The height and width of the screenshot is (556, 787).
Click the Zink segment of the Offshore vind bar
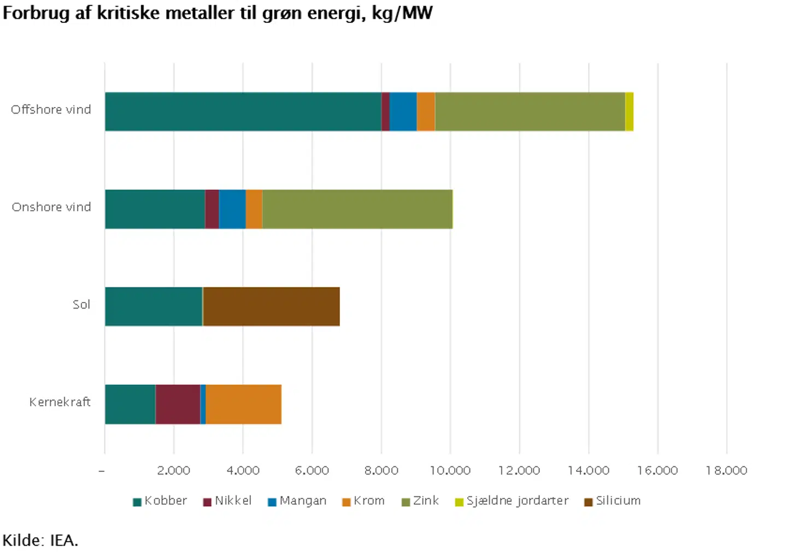(x=530, y=111)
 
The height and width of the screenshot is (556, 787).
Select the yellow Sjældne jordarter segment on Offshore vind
(x=629, y=111)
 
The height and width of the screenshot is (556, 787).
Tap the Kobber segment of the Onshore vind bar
(x=155, y=209)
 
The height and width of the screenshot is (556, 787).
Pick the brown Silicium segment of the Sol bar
(x=271, y=306)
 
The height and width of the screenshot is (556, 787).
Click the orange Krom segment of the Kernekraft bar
(x=243, y=404)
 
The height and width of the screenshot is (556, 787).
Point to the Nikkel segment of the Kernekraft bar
(x=178, y=404)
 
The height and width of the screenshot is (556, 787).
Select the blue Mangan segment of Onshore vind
(x=232, y=209)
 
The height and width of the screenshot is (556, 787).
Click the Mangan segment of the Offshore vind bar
(x=403, y=111)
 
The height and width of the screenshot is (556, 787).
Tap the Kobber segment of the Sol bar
(x=154, y=306)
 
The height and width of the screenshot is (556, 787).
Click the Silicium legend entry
(x=612, y=501)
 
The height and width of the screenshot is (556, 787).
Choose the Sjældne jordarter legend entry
(x=512, y=501)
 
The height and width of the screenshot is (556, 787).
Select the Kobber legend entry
(x=160, y=501)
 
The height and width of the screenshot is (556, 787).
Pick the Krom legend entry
(x=363, y=501)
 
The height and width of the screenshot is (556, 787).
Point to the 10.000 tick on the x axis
(x=450, y=471)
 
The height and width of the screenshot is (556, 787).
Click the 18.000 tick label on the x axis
(x=726, y=471)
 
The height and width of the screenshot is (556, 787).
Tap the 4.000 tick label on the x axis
(x=243, y=471)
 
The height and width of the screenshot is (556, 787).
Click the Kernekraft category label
(x=60, y=403)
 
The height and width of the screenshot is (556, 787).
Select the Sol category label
(x=81, y=305)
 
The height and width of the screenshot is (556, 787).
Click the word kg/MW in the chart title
(x=402, y=13)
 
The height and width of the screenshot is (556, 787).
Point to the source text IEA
(x=64, y=541)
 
